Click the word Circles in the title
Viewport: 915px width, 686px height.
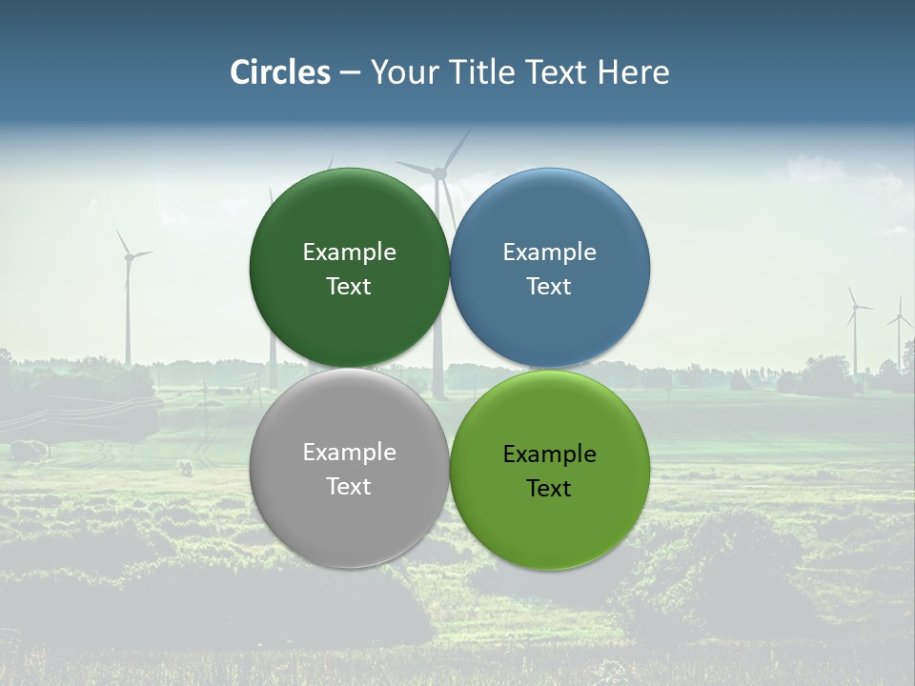pyautogui.click(x=280, y=72)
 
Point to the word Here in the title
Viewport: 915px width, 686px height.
pyautogui.click(x=633, y=72)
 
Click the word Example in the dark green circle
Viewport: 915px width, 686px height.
pyautogui.click(x=349, y=252)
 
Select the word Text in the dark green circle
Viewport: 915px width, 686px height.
pyautogui.click(x=349, y=286)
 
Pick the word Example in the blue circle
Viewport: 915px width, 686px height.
pyautogui.click(x=549, y=252)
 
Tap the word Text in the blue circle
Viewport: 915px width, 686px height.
pyautogui.click(x=549, y=286)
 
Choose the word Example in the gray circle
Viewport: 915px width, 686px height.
pyautogui.click(x=349, y=452)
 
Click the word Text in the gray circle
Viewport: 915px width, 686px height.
pyautogui.click(x=349, y=486)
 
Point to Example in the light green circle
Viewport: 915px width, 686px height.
pyautogui.click(x=549, y=454)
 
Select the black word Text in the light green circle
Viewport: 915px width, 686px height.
pyautogui.click(x=549, y=488)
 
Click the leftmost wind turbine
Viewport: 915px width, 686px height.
pyautogui.click(x=127, y=286)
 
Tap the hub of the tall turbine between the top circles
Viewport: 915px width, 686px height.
pyautogui.click(x=439, y=172)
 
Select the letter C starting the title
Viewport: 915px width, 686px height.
pyautogui.click(x=240, y=72)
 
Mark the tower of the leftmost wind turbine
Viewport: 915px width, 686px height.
pyautogui.click(x=127, y=314)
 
